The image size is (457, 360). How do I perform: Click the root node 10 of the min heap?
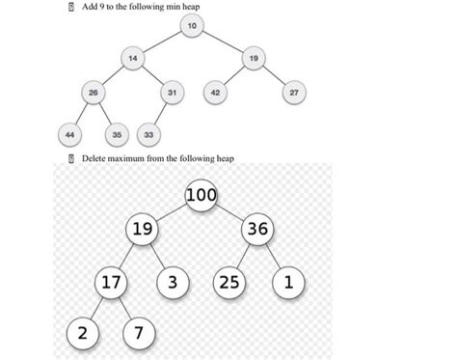[193, 24]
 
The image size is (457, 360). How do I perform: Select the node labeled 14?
[133, 59]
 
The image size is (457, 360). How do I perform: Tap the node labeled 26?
[93, 93]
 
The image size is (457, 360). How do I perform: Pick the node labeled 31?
[172, 93]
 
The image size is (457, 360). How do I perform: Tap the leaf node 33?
[152, 133]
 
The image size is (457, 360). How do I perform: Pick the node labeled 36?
[258, 230]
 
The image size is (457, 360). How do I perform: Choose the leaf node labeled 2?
[82, 334]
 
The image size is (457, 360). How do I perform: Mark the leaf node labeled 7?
[139, 334]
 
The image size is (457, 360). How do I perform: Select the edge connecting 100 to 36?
[231, 212]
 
